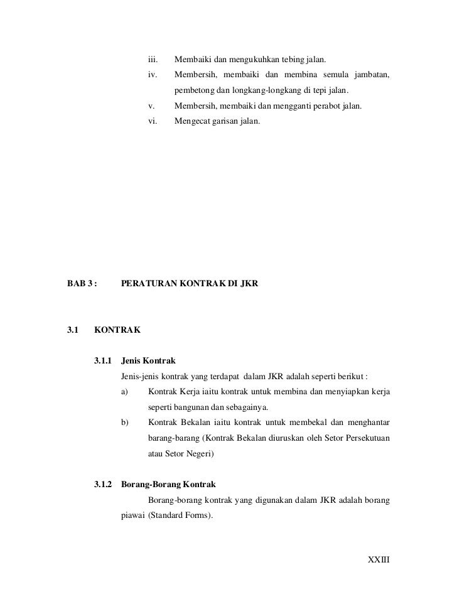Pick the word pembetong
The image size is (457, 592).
point(193,91)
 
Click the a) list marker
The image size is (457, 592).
point(124,392)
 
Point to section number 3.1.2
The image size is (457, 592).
point(102,485)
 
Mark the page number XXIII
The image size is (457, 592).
point(379,559)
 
